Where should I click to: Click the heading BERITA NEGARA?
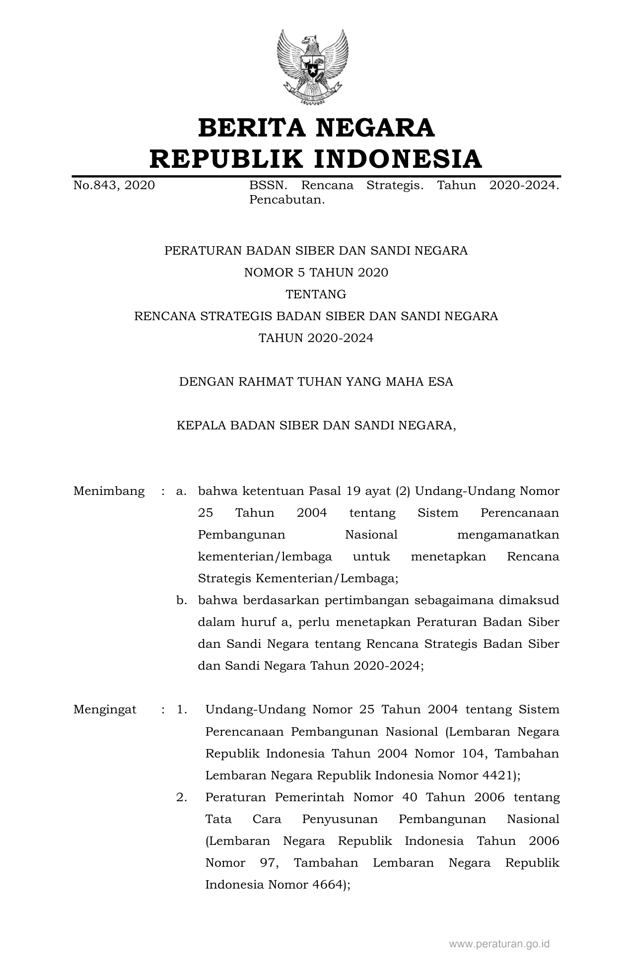click(316, 128)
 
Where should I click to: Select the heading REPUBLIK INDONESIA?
click(316, 159)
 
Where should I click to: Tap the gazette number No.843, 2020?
click(114, 186)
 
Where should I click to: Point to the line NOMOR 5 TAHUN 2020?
click(316, 273)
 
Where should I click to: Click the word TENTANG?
click(316, 294)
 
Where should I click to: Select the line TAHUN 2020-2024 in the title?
click(316, 338)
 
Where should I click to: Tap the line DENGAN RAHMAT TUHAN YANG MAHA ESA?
click(316, 382)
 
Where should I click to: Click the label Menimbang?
click(109, 491)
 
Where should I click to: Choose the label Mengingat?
click(105, 710)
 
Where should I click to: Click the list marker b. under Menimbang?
click(181, 601)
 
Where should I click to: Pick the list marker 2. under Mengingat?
click(182, 797)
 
